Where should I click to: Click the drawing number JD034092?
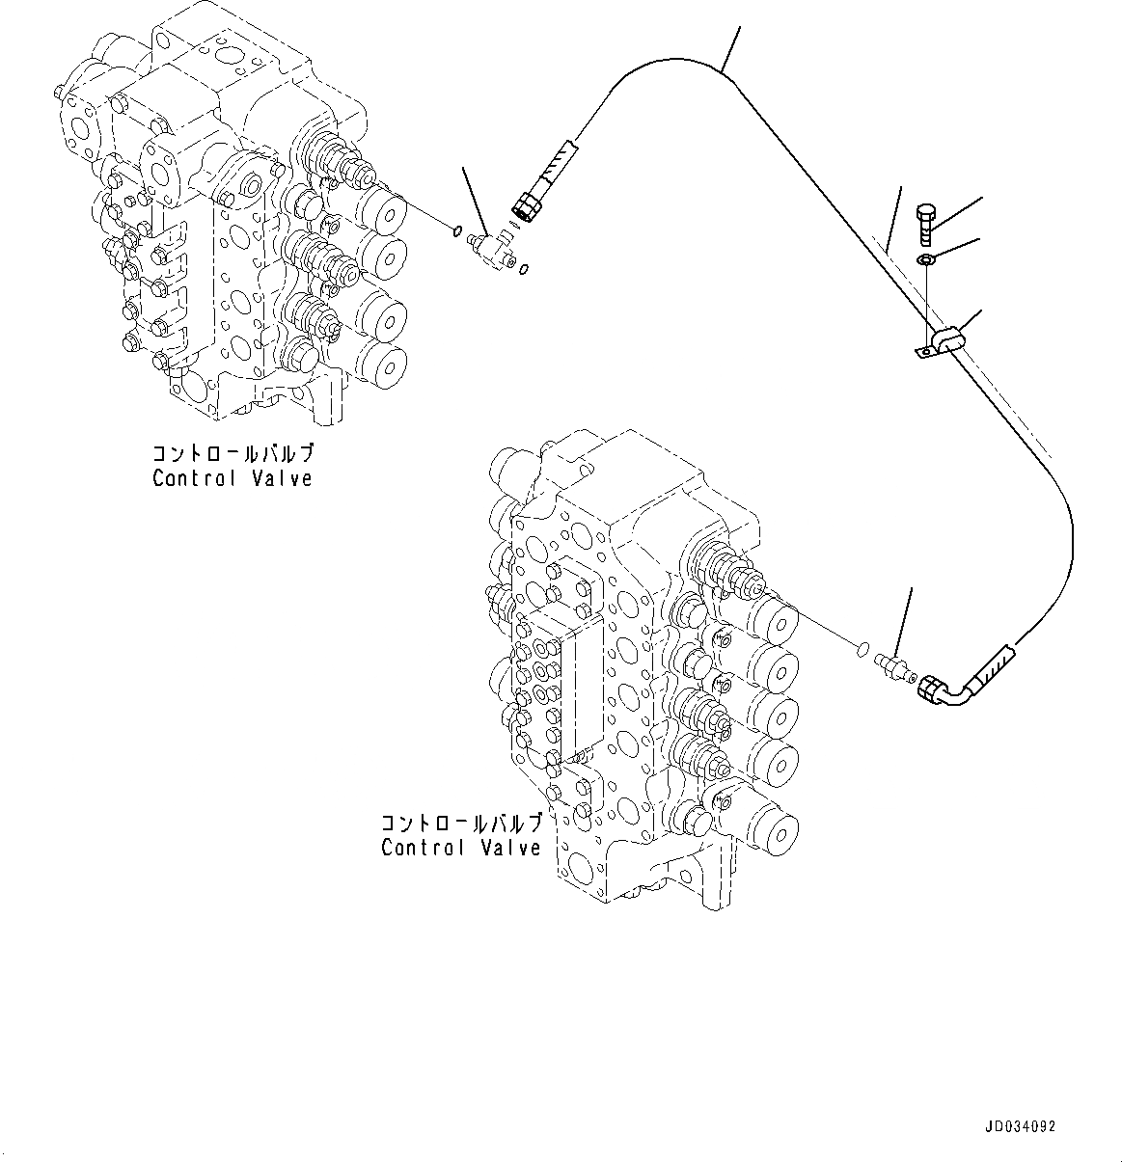click(x=1020, y=1126)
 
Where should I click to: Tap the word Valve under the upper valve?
click(x=284, y=478)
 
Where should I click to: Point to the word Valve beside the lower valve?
click(x=511, y=848)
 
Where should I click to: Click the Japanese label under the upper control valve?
click(x=233, y=454)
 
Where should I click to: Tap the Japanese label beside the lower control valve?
click(x=461, y=824)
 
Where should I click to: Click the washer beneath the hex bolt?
click(x=925, y=258)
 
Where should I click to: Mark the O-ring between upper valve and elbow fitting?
click(x=454, y=230)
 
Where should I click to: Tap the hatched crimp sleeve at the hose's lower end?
click(x=991, y=666)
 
